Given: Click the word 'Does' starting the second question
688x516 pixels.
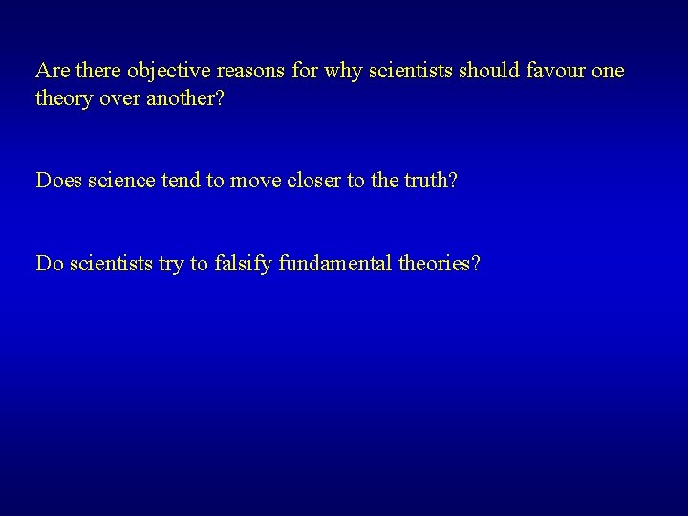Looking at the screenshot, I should pos(57,180).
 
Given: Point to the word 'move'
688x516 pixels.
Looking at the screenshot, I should pos(255,180).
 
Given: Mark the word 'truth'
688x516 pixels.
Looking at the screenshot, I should pos(423,180).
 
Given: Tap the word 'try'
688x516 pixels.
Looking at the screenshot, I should pos(173,264).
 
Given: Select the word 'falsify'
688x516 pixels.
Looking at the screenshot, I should pos(243,263).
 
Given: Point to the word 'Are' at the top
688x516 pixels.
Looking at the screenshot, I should pos(51,71).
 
